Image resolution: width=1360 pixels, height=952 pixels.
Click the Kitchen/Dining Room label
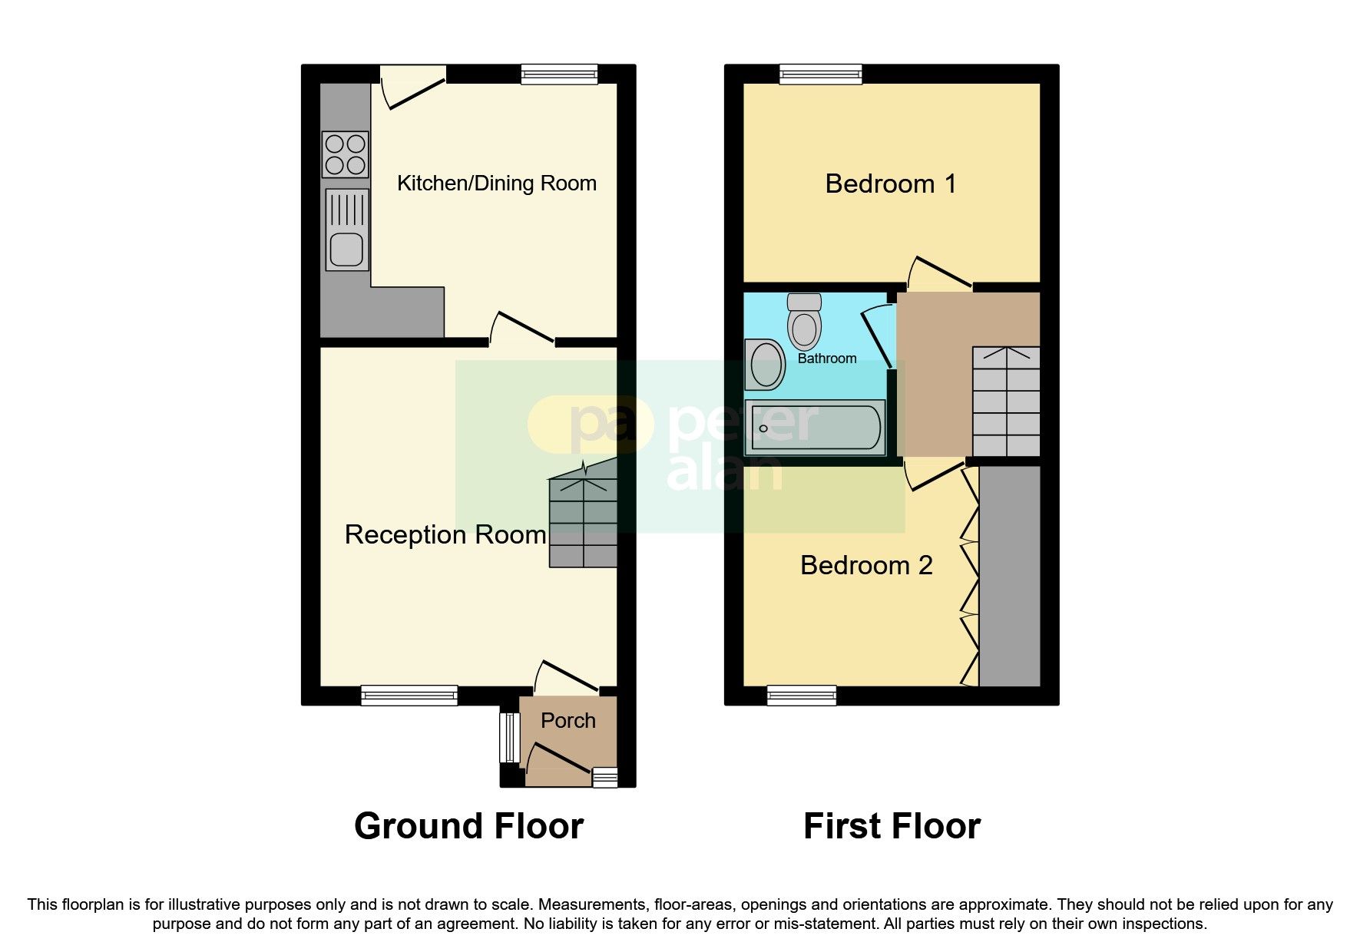(x=496, y=183)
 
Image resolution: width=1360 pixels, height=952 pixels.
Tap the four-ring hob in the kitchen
(x=346, y=154)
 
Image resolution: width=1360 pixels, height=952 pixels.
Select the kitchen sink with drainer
(x=347, y=230)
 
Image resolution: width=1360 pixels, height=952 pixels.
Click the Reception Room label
(x=445, y=534)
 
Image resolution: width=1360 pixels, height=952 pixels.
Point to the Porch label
(x=568, y=720)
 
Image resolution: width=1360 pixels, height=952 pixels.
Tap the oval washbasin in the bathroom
(x=765, y=365)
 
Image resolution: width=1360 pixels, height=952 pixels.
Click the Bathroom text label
(x=827, y=359)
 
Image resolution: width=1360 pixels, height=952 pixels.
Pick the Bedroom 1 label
(x=891, y=183)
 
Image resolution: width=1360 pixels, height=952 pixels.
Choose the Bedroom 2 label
(x=866, y=565)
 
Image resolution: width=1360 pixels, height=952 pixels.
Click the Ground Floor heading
(x=468, y=826)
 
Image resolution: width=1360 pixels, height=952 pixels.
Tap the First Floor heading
(x=892, y=826)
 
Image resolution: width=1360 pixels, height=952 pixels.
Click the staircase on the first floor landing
(x=1006, y=402)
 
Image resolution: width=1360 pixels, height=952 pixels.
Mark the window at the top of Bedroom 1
(x=821, y=74)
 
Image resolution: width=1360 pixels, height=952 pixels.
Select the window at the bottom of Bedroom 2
(x=802, y=696)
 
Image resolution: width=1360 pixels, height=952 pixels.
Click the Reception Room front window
(x=409, y=696)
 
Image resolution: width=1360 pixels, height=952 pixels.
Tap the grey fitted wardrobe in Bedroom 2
(x=1010, y=576)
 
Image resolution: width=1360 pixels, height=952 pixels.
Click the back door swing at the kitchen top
(x=412, y=88)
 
